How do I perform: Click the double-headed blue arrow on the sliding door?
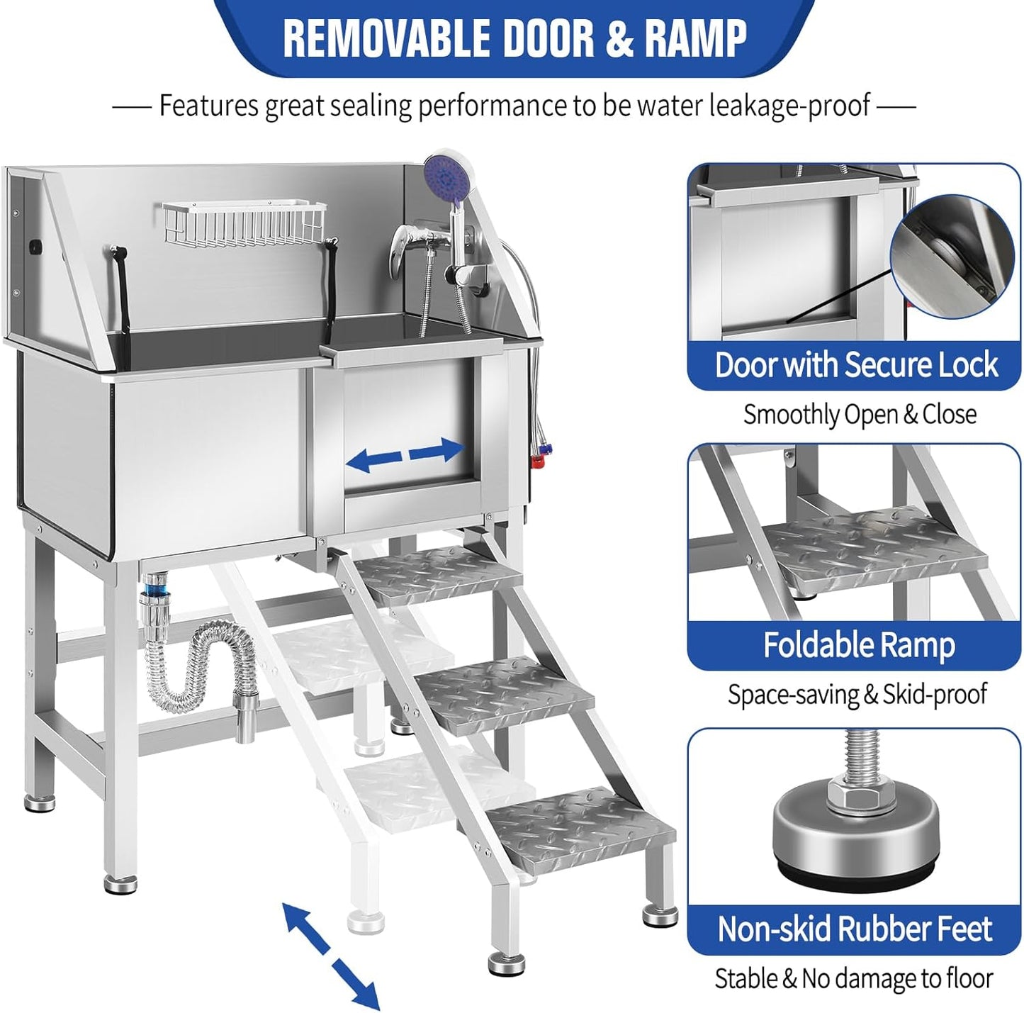point(405,454)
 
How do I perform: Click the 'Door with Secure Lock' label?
point(856,365)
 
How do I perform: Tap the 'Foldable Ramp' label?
point(858,645)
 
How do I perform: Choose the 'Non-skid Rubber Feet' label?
point(855,929)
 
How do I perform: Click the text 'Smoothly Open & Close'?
point(859,414)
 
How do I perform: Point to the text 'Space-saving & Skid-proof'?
point(856,695)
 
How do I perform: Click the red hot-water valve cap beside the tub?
point(539,462)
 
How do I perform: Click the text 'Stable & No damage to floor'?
point(853,979)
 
